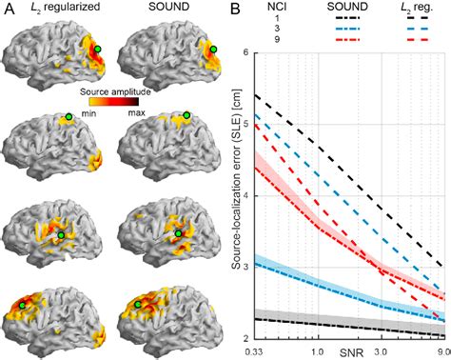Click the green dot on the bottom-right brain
(x=139, y=304)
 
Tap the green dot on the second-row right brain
(x=186, y=115)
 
